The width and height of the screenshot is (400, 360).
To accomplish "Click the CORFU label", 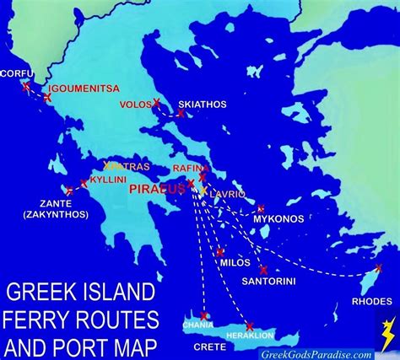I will click(16, 73).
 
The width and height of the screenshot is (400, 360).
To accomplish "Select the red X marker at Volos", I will click(157, 103).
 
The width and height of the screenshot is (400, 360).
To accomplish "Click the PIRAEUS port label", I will click(158, 190).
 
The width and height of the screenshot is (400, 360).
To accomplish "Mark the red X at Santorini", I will click(263, 270).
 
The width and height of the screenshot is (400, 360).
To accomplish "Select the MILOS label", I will click(235, 262).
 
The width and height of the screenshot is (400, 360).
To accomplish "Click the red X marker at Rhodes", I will click(378, 267).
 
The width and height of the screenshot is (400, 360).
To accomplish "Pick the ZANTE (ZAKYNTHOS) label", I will click(46, 209).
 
